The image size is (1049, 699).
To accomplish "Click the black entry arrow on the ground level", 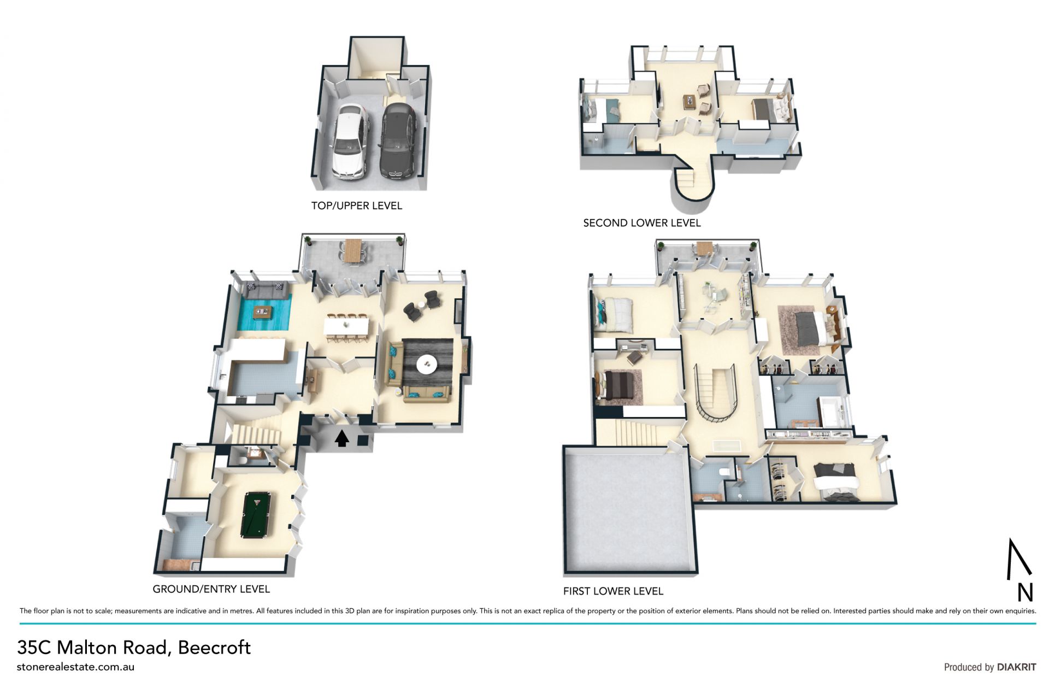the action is pos(342,438).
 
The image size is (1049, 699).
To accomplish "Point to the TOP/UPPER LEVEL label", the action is pos(357,206).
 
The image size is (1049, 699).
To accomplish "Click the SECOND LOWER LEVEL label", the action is pos(642,223).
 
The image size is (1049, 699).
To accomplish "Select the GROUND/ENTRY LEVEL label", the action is pos(211,589).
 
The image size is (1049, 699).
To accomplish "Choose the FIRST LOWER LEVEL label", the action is pos(613,591).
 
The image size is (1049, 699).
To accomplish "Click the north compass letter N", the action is pos(1025,593).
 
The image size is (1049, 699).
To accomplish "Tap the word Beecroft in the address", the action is pos(214,648).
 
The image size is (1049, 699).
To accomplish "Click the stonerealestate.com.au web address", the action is pos(75,667).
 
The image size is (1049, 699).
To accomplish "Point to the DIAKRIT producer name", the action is pos(1017,667).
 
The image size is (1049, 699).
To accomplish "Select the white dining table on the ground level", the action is pos(346,327).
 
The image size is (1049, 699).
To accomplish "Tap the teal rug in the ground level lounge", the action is pos(263,312).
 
